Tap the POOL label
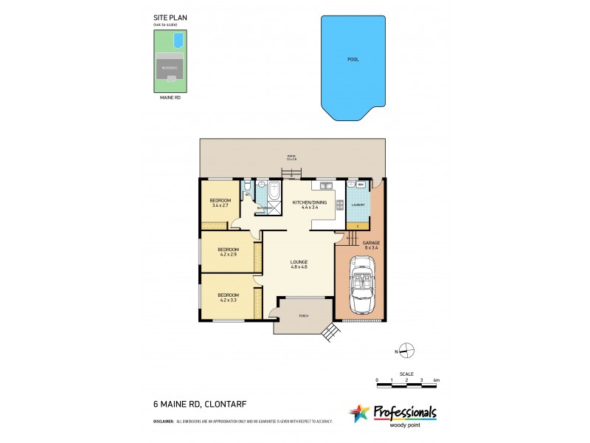[353, 59]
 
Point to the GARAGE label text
[370, 244]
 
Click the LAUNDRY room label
[358, 205]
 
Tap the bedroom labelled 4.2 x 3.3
[228, 297]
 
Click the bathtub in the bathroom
[274, 193]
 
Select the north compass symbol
[406, 350]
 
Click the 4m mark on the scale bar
[437, 380]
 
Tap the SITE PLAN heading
[166, 20]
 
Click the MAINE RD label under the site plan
[170, 97]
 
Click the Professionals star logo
[359, 413]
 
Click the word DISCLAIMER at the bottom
[163, 422]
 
